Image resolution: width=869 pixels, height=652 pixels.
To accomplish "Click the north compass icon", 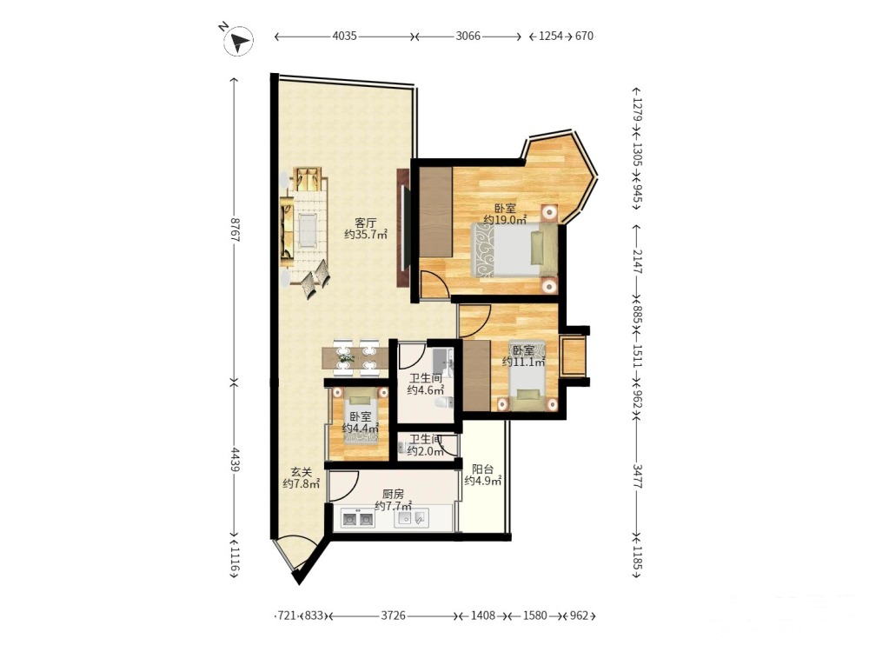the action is pos(238,41).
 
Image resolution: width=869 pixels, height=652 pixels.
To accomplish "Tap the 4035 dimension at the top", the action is pos(344,36).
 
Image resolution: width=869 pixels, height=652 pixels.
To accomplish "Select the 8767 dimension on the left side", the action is pos(235,229).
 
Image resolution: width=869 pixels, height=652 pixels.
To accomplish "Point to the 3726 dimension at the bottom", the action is pos(393,615).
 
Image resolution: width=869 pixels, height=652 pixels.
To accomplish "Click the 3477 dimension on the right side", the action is pos(637,476).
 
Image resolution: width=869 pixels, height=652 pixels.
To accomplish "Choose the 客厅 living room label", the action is pos(365,223).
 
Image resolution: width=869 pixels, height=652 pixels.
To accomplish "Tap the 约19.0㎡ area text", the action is pos(505,220).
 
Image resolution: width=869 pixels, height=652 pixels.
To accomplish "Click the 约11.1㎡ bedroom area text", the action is pos(523,362).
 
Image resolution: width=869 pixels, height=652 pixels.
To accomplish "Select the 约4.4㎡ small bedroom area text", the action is pos(361,428).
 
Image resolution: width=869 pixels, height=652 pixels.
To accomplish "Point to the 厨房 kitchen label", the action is pos(393,494).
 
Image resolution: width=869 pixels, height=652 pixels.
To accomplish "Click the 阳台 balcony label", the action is pos(482,469).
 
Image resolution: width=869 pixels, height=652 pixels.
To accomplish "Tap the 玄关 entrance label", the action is pos(302,472).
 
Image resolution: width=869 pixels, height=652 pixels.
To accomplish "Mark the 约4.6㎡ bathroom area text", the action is pos(425,389).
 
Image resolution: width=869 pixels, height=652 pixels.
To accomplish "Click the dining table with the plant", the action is pos(355,358).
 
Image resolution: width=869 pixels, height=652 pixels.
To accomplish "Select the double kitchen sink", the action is pos(357,520).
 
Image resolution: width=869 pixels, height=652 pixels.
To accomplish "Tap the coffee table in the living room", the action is pos(307,230).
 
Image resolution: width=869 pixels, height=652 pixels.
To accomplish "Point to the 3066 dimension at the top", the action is pos(468,36).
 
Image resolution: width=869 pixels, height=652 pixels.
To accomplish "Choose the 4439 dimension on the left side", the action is pos(235,460).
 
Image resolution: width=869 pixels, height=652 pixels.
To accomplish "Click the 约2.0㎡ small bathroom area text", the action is pos(425,450).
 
